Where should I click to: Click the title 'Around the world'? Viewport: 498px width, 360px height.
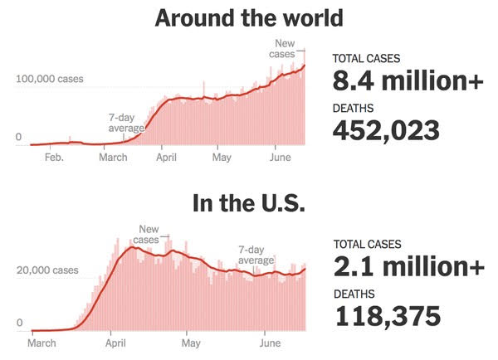pos(249,18)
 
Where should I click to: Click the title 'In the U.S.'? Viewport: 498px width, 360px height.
pos(249,204)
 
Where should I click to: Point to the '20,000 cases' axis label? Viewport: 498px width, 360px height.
pos(48,270)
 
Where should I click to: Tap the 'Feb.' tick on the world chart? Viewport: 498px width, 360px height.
pos(54,156)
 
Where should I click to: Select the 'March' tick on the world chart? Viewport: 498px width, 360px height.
pos(114,156)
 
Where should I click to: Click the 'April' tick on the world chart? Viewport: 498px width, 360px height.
pos(167,156)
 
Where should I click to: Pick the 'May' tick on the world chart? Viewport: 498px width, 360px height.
pos(222,156)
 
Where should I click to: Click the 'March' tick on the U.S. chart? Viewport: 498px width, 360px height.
pos(42,342)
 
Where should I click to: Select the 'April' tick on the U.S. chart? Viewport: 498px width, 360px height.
pos(118,342)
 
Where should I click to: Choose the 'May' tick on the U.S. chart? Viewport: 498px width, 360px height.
pos(192,342)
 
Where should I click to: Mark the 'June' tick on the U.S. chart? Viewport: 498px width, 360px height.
pos(270,342)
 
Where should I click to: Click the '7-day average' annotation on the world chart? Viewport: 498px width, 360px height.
pos(127,124)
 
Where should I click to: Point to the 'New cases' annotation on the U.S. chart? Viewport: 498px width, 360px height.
pos(149,235)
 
